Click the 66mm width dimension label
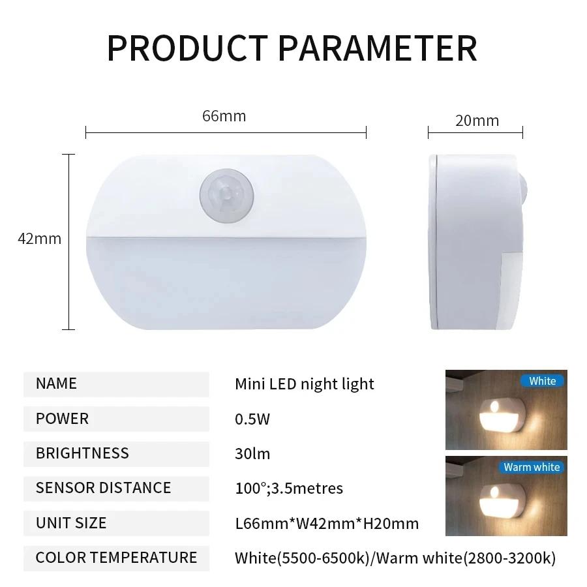224,116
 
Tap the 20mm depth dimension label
477,121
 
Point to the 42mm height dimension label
39,239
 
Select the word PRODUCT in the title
187,48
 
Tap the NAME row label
56,384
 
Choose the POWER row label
62,419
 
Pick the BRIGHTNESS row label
82,453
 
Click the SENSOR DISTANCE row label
103,488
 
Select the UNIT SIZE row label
70,522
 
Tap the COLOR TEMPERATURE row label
116,557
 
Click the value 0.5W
252,419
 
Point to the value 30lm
252,453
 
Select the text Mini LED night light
304,384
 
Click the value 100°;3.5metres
288,488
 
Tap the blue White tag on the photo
542,381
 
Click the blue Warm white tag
531,467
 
